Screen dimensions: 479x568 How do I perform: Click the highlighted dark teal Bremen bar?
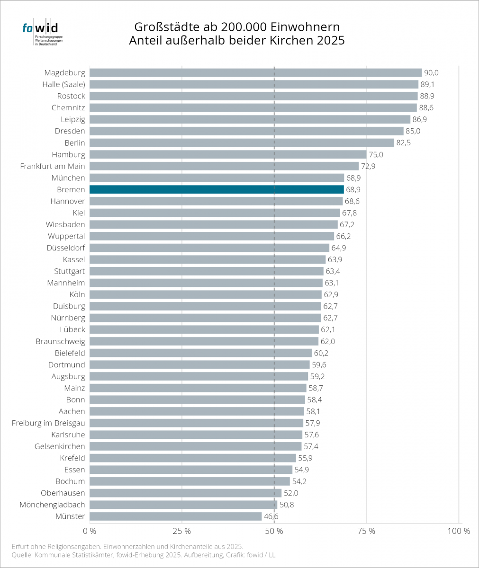pos(217,189)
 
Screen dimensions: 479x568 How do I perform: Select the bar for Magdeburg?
pos(256,72)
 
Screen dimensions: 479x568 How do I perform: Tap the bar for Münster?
pos(176,516)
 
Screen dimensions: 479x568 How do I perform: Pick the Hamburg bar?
pos(228,154)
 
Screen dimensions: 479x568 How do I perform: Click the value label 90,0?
pos(431,73)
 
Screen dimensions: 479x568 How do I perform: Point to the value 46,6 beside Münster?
pos(271,516)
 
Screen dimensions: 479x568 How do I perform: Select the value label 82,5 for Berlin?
pos(403,143)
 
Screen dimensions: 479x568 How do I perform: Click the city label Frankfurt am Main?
pos(53,166)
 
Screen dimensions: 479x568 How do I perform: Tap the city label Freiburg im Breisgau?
pos(48,423)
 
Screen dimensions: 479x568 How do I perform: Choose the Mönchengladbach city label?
pos(52,505)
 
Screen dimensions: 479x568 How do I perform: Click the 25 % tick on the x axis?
pos(181,531)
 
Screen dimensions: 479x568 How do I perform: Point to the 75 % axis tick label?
pos(366,531)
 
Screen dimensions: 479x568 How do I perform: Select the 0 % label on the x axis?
pos(90,531)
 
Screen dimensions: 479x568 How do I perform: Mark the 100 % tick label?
pos(459,531)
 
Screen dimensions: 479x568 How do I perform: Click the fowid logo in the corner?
pos(43,32)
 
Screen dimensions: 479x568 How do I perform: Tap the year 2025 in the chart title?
pos(331,40)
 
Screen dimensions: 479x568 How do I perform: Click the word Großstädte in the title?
pos(167,27)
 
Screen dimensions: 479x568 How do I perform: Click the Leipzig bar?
pos(250,119)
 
